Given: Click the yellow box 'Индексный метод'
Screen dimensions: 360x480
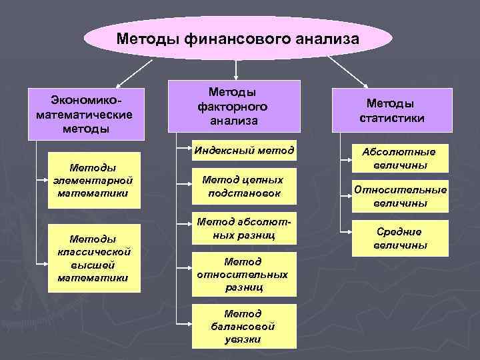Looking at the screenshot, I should [244, 151].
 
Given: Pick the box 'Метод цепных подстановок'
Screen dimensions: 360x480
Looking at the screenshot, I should [243, 186].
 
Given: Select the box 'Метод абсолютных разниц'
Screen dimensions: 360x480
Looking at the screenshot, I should [243, 228].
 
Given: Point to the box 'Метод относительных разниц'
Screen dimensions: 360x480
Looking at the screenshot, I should [243, 274].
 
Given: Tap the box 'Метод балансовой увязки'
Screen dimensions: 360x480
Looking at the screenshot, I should [243, 326].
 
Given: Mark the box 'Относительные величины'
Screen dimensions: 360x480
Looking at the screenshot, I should [400, 196].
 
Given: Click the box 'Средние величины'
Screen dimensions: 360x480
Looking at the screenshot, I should [400, 238].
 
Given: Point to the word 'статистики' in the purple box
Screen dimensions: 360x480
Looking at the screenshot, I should [392, 118].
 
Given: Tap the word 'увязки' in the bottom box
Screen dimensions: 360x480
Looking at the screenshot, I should [243, 339].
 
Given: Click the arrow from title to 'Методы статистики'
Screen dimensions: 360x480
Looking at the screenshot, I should [347, 71].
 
